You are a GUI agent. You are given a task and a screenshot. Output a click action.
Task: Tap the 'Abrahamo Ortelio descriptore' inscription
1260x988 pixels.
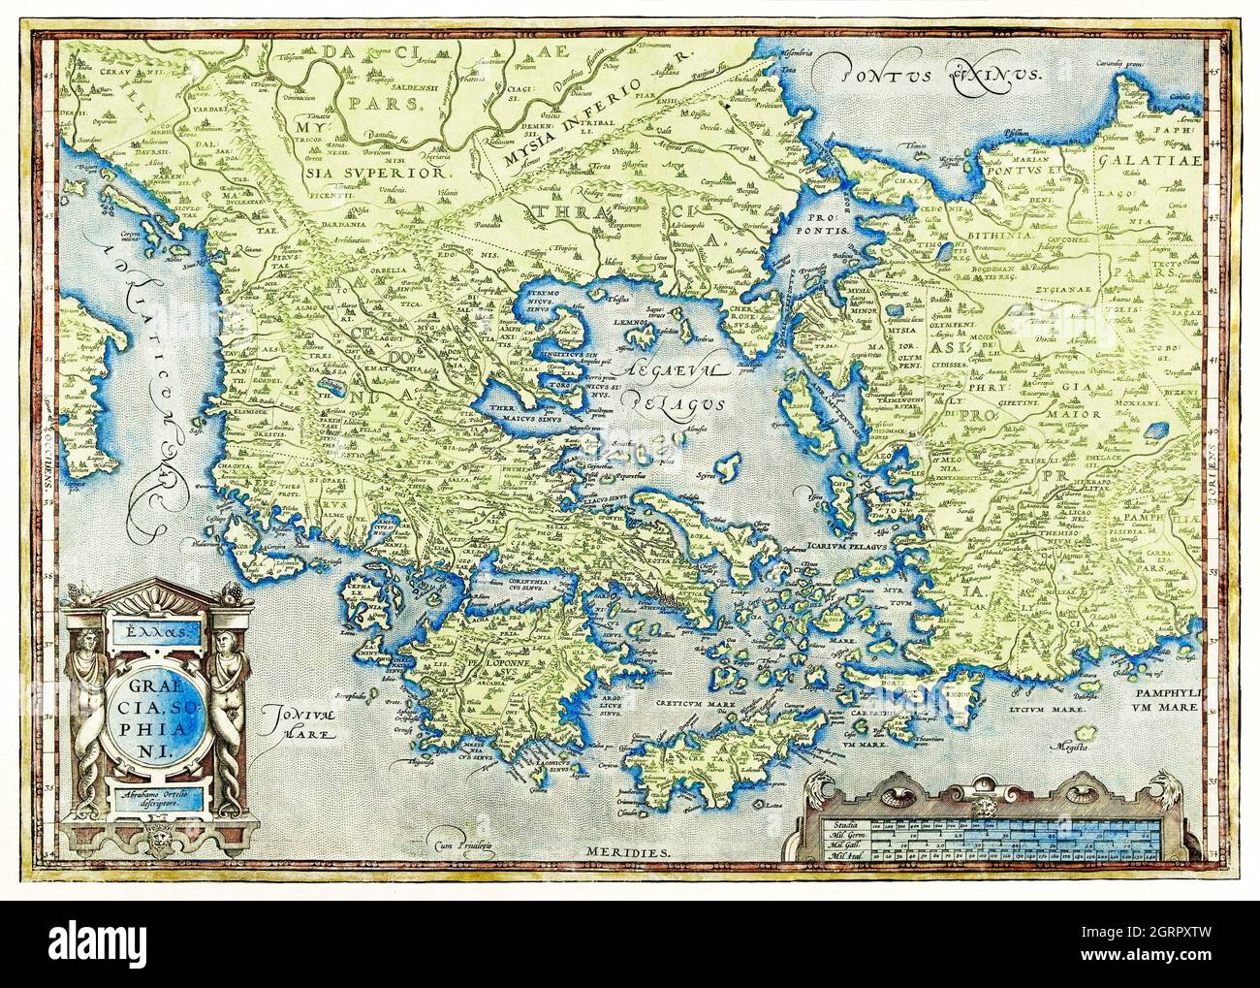point(150,798)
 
